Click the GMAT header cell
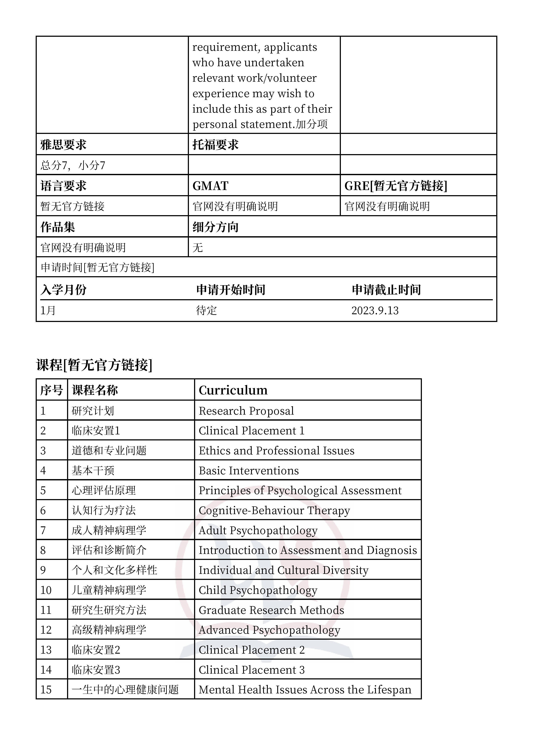[x=210, y=186]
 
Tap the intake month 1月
[x=48, y=310]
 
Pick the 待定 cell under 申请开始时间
[x=206, y=310]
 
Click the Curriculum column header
[x=233, y=390]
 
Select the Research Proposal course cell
[x=246, y=411]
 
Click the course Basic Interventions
[x=249, y=470]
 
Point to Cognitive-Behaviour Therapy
[x=274, y=510]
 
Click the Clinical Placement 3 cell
[x=251, y=670]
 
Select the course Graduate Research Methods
[x=271, y=610]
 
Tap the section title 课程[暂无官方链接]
[x=94, y=365]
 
